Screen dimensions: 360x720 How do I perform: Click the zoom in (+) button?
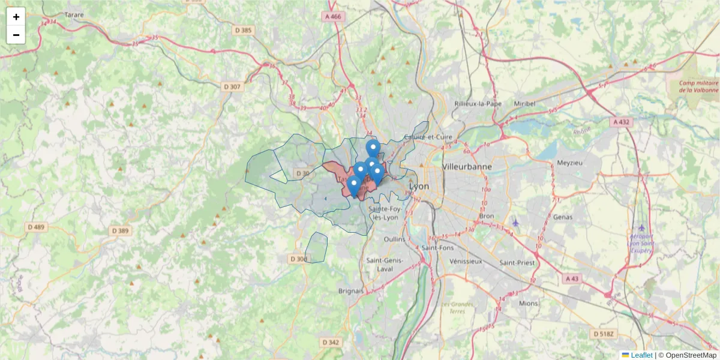point(16,17)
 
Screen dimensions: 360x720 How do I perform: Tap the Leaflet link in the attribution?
point(641,355)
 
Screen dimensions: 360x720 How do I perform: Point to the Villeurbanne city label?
point(467,166)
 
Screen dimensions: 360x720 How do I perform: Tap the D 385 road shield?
point(243,30)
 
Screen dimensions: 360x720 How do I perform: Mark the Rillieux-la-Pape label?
point(478,103)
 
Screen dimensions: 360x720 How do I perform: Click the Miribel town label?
point(524,103)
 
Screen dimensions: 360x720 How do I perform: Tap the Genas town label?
point(563,217)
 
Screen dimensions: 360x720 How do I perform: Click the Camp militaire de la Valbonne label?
point(698,87)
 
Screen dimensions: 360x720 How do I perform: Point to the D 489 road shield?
point(36,227)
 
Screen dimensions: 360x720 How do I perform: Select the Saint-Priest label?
point(516,262)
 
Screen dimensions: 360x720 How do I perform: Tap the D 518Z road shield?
point(604,334)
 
